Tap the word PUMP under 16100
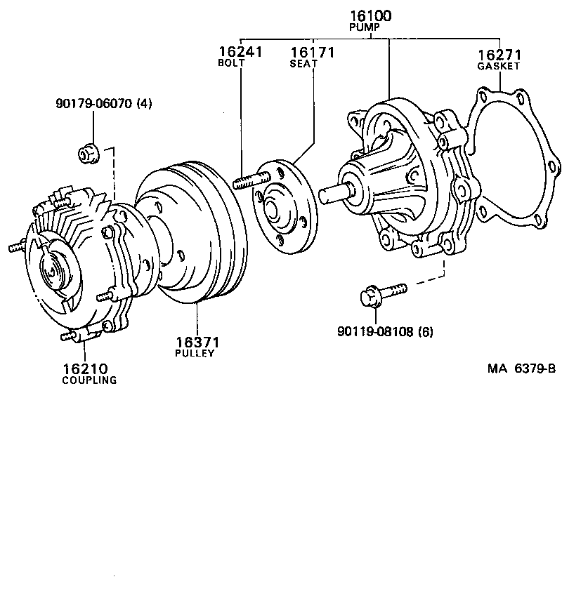click(364, 27)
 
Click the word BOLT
click(231, 63)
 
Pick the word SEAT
click(303, 64)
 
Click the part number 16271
click(498, 54)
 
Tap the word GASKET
click(498, 66)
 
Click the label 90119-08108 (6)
click(385, 331)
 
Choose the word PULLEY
click(194, 353)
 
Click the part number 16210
click(84, 368)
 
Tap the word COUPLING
click(89, 380)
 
